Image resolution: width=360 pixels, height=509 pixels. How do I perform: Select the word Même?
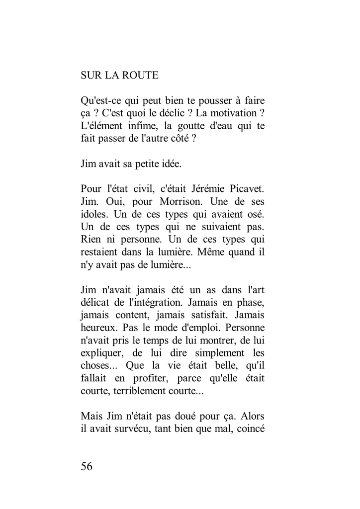pos(198,252)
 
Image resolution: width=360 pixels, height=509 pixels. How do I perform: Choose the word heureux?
pos(96,328)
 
